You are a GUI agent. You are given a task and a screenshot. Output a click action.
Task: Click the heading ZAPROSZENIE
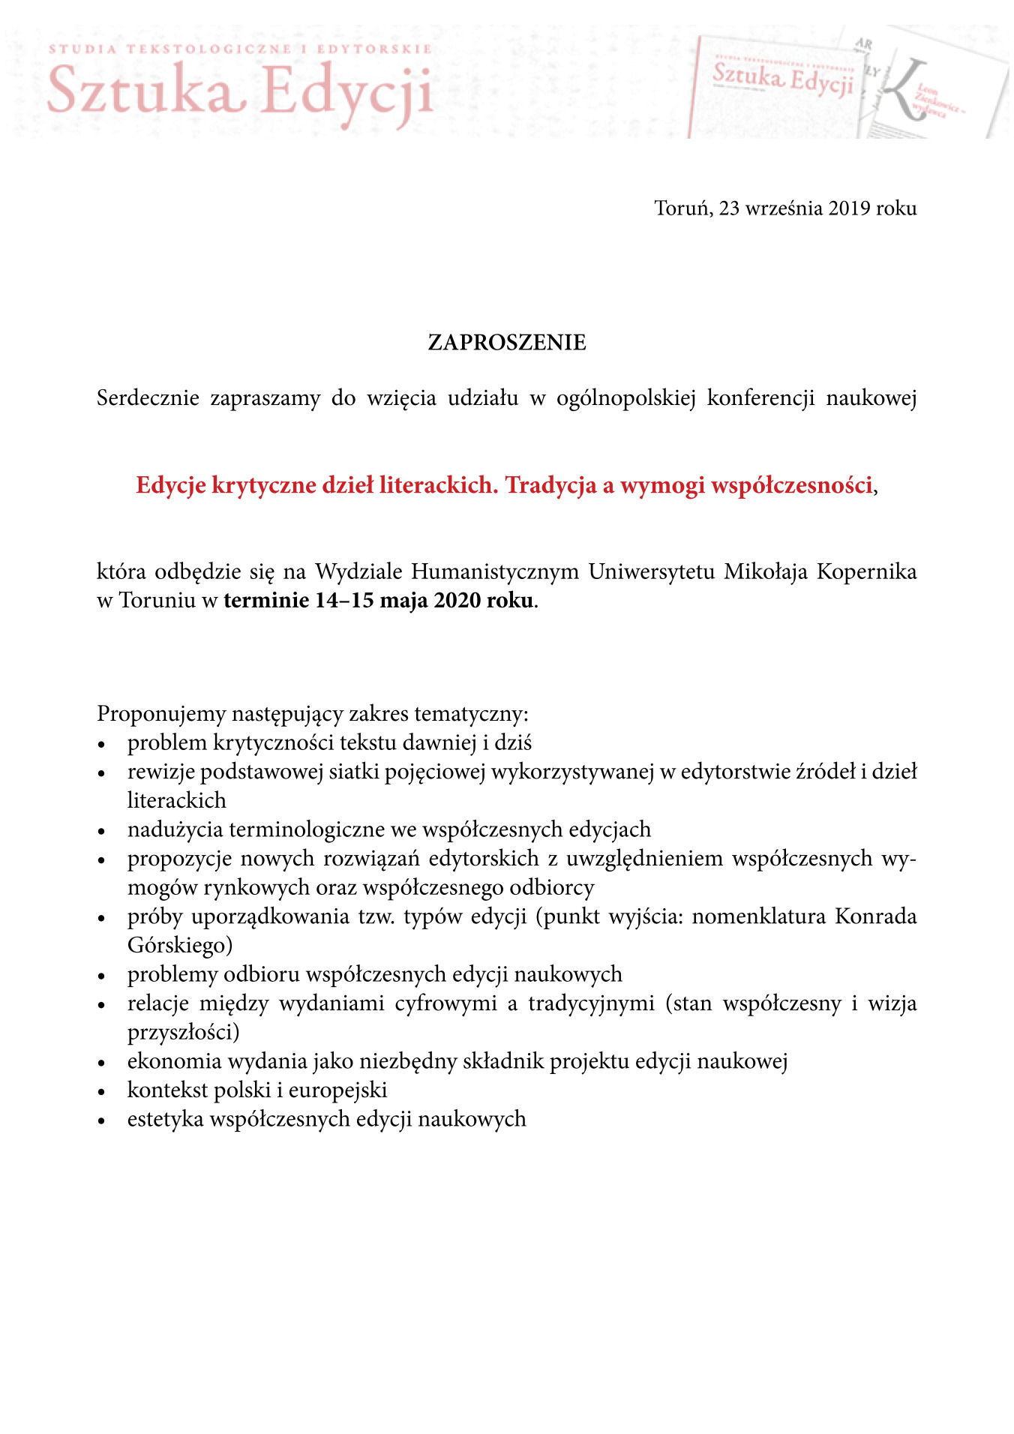click(506, 343)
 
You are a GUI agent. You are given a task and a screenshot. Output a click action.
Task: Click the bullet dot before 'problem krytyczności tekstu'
click(103, 745)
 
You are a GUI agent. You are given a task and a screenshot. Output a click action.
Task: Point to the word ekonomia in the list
click(174, 1060)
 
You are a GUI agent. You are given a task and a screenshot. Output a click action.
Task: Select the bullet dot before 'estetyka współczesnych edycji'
click(103, 1120)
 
